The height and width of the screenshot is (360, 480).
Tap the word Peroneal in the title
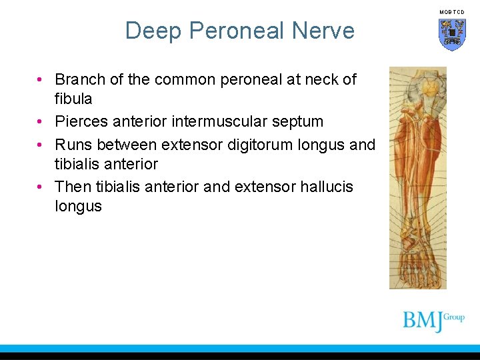tap(237, 31)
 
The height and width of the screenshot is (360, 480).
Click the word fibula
tap(73, 99)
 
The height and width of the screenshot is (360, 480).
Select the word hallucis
tap(328, 187)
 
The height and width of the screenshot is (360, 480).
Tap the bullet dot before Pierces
tap(41, 122)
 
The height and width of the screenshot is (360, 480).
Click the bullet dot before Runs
tap(41, 145)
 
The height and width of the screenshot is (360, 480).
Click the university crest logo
tap(452, 34)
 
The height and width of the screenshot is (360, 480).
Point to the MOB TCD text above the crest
tap(452, 12)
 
